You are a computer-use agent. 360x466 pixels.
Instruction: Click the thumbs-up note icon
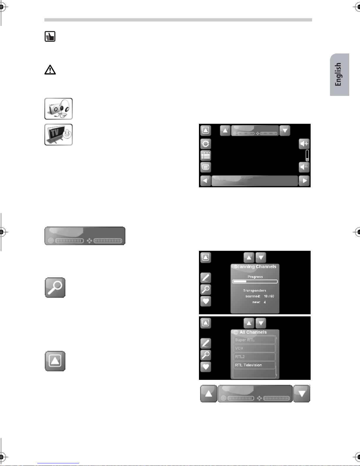click(x=50, y=36)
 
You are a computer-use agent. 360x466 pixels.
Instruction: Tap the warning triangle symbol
click(x=50, y=70)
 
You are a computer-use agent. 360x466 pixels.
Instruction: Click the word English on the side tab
click(x=338, y=74)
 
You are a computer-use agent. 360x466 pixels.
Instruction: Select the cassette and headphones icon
click(x=58, y=109)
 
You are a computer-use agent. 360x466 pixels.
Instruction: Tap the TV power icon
click(x=58, y=135)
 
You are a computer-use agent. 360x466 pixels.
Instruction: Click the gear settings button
click(x=206, y=144)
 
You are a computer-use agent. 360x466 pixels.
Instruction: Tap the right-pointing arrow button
click(x=304, y=181)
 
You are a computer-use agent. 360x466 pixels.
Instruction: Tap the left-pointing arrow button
click(x=206, y=181)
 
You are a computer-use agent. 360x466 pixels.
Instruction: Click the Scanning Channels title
click(x=255, y=267)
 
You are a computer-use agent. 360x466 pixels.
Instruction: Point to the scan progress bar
click(x=255, y=281)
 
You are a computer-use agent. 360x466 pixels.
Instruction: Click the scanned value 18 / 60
click(x=269, y=296)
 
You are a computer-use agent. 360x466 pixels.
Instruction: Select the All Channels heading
click(x=253, y=332)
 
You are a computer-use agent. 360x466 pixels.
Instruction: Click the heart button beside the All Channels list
click(x=206, y=367)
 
